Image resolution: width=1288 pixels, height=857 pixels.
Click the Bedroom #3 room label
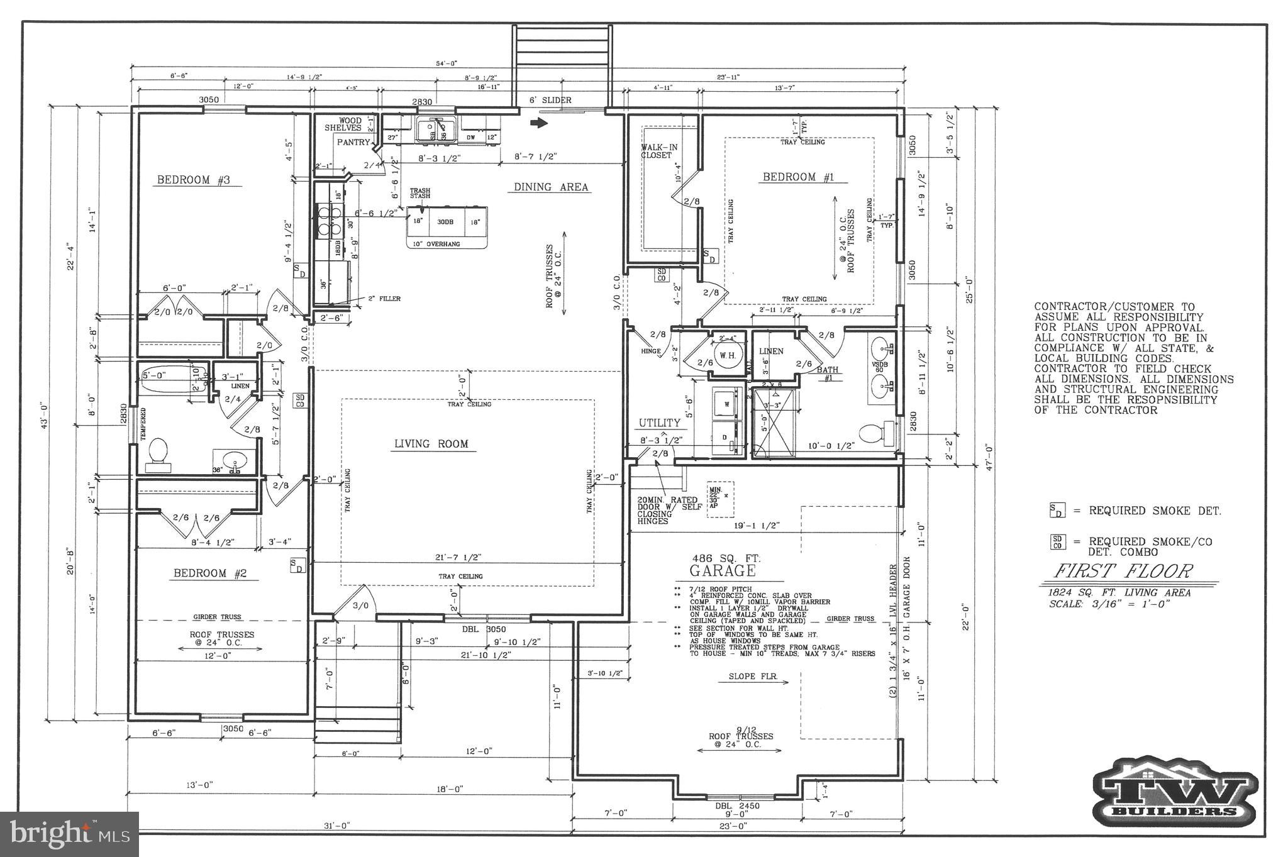[193, 180]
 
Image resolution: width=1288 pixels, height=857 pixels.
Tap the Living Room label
[431, 444]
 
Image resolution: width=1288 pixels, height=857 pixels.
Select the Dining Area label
[551, 187]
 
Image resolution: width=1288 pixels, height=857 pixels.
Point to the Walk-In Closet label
[659, 151]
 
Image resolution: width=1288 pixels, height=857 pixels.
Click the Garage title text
[722, 571]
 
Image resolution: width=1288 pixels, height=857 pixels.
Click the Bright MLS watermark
[69, 834]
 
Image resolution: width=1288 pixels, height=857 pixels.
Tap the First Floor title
[1122, 571]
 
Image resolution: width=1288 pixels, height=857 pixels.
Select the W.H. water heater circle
[727, 356]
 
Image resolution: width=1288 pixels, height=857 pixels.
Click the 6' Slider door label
[550, 101]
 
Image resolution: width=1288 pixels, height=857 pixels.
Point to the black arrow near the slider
[539, 123]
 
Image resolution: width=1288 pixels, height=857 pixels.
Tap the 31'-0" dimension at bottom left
[338, 825]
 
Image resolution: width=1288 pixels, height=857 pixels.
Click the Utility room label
[660, 423]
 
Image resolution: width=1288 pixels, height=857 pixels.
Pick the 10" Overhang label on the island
[436, 244]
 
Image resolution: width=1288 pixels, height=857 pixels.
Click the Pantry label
[353, 142]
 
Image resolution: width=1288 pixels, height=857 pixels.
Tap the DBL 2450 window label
[737, 805]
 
